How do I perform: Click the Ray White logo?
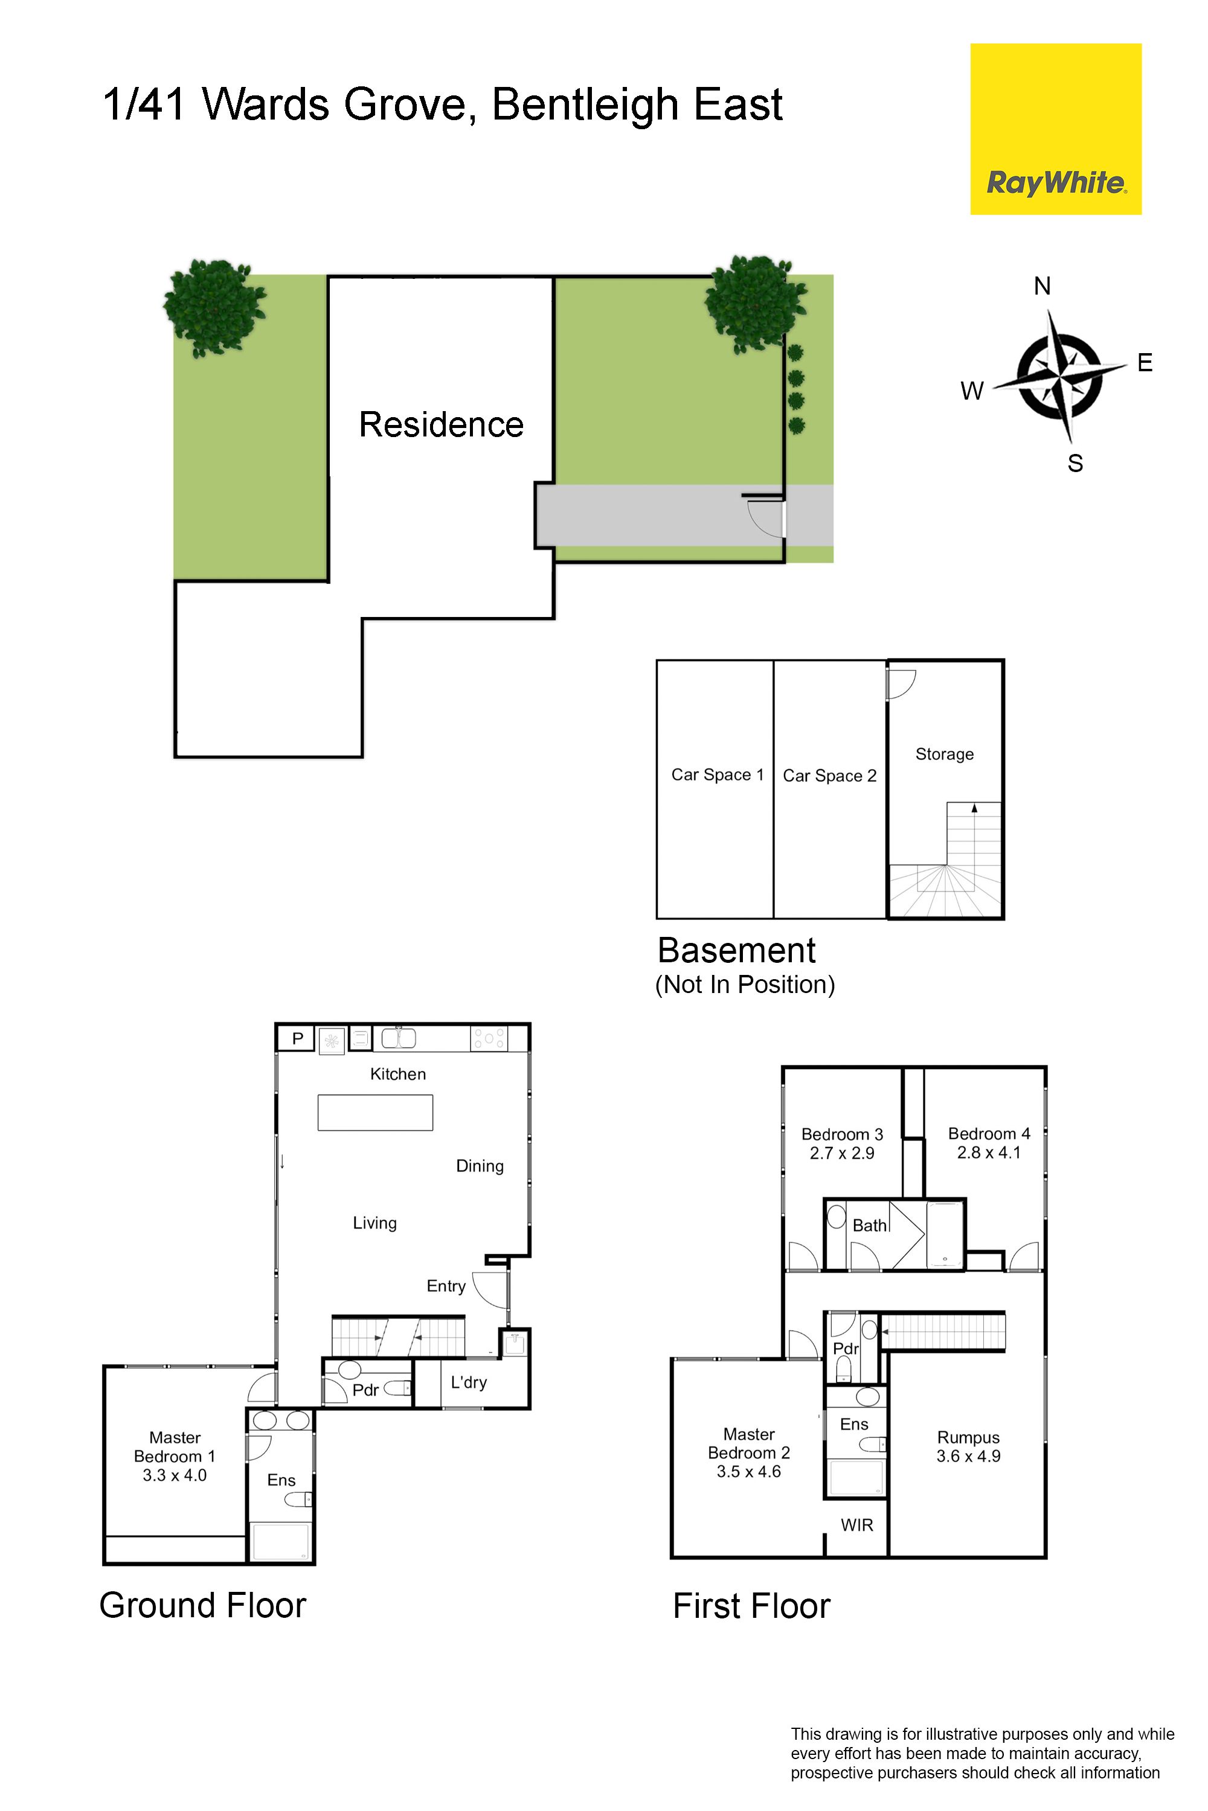[x=1055, y=129]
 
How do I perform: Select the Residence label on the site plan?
[x=441, y=424]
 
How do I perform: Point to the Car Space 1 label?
[x=718, y=775]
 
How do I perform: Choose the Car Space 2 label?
[x=830, y=775]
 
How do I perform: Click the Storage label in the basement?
[x=945, y=755]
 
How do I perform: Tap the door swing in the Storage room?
[x=901, y=685]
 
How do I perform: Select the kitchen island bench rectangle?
[x=375, y=1113]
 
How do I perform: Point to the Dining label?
[x=480, y=1166]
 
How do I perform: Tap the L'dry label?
[x=469, y=1382]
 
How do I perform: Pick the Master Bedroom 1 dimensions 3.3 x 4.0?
[x=175, y=1475]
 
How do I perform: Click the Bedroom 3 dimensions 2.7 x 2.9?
[x=842, y=1152]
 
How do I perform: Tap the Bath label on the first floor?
[x=869, y=1225]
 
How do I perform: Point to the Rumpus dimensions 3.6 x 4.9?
[x=968, y=1456]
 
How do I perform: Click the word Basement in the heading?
[x=736, y=950]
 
